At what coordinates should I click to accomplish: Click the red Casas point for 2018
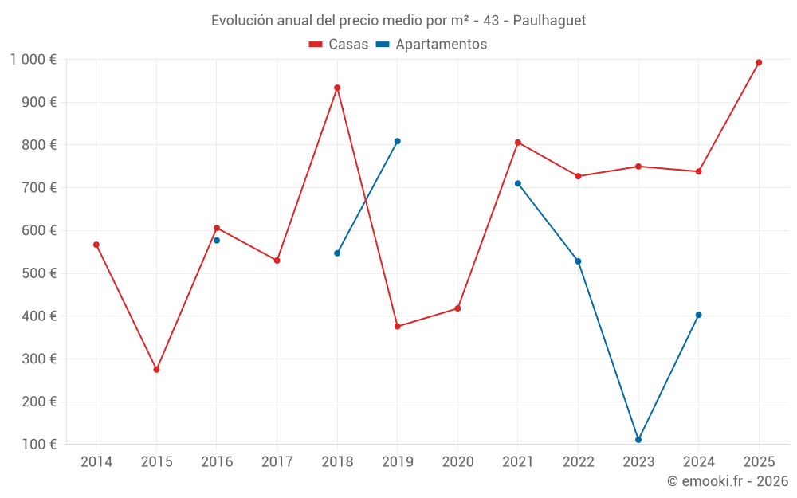tap(337, 88)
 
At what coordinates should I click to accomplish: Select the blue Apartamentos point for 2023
tap(638, 440)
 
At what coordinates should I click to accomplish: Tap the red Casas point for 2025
tap(759, 62)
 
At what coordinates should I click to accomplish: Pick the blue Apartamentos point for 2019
tap(397, 141)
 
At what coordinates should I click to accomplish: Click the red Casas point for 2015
tap(156, 370)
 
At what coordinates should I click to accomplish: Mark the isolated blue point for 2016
tap(217, 240)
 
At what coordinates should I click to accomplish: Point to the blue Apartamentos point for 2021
tap(518, 183)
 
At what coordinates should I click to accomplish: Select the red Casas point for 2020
tap(457, 308)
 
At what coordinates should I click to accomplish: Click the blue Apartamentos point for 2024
tap(699, 315)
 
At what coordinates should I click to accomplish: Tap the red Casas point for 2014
tap(96, 245)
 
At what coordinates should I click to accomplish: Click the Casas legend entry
tap(339, 45)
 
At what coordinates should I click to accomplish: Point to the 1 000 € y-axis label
tap(33, 60)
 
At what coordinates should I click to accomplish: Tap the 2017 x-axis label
tap(277, 462)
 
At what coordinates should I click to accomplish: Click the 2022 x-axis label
tap(578, 462)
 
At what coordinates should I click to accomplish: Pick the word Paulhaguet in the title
tap(550, 21)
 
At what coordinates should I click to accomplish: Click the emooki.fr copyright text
tap(728, 481)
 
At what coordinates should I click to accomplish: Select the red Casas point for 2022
tap(578, 176)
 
